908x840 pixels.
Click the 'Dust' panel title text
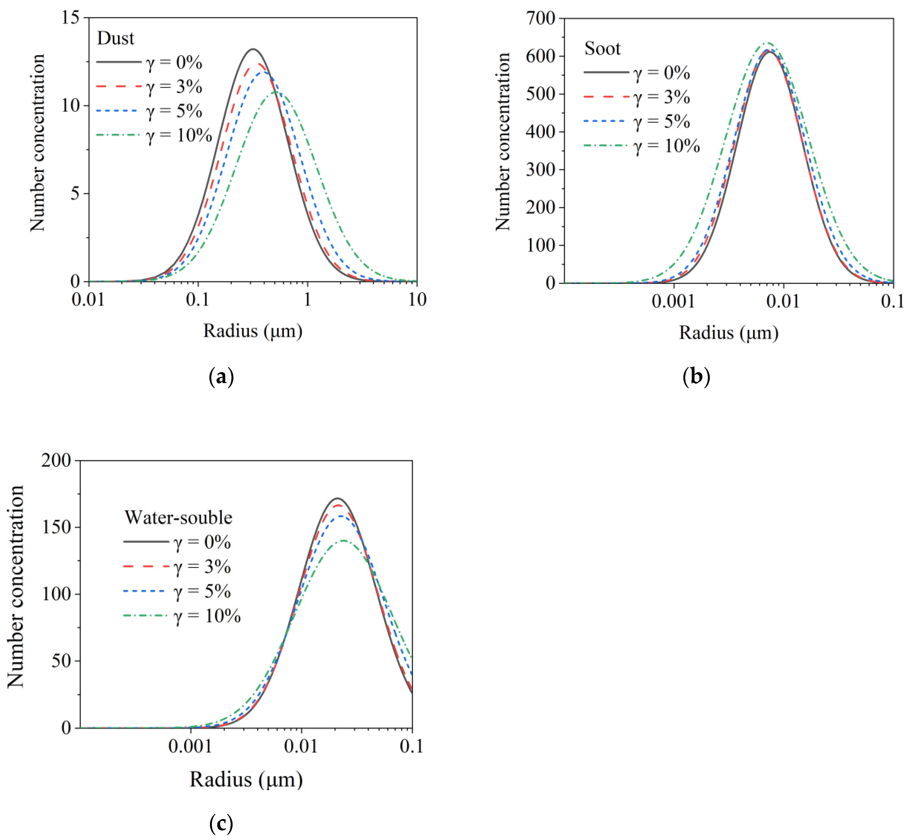point(116,38)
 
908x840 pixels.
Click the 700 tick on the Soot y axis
point(541,19)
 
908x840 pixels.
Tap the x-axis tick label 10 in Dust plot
point(417,300)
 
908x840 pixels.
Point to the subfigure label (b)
point(696,377)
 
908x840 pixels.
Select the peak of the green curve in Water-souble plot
point(343,540)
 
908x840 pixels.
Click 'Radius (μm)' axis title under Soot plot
point(728,333)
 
